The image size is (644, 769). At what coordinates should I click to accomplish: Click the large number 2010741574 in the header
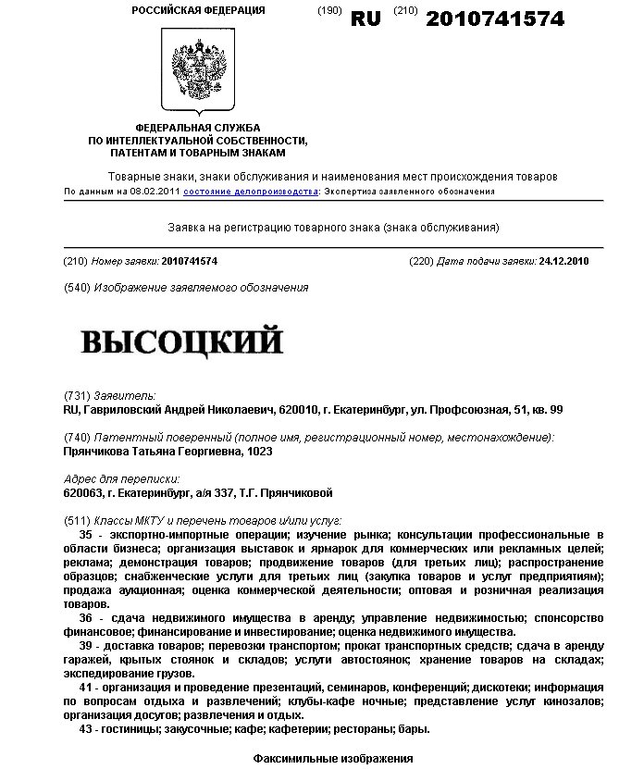[495, 19]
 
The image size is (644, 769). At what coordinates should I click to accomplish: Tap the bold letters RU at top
[365, 19]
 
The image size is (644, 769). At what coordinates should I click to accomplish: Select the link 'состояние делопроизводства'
[251, 192]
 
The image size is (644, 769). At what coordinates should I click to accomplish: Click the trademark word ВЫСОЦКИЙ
[182, 341]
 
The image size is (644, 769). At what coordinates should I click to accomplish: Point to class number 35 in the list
[86, 536]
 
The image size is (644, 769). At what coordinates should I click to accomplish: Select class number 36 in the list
[86, 617]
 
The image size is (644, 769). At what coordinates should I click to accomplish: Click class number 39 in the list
[86, 645]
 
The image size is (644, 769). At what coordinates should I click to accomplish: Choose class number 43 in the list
[86, 729]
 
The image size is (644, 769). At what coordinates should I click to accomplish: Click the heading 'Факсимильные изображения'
[332, 759]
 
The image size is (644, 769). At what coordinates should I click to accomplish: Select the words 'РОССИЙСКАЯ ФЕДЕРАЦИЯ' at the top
[198, 10]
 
